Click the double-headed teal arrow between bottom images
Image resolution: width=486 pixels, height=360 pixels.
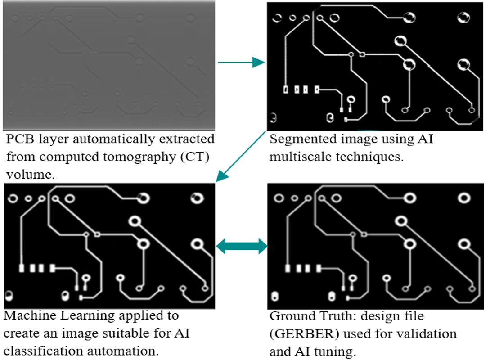click(242, 246)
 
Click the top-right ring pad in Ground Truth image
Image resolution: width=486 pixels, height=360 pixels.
click(464, 198)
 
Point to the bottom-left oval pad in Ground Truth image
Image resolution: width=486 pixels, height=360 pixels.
click(276, 297)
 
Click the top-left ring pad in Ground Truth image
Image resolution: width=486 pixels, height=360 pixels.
click(279, 198)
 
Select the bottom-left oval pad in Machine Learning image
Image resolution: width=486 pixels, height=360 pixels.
click(9, 296)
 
